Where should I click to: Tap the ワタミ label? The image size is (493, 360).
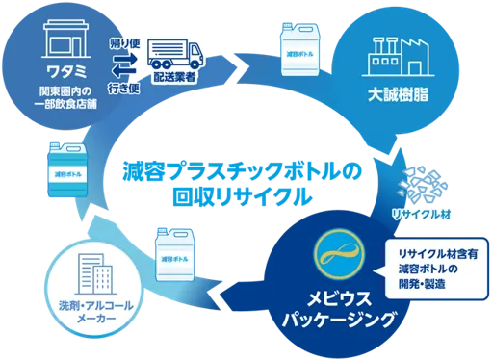pyautogui.click(x=66, y=71)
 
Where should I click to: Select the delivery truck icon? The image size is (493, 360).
pyautogui.click(x=175, y=54)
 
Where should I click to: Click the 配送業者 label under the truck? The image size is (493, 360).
pyautogui.click(x=174, y=77)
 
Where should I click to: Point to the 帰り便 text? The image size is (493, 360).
pyautogui.click(x=124, y=43)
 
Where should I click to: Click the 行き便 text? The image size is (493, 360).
pyautogui.click(x=124, y=88)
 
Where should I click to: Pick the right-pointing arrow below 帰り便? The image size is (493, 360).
pyautogui.click(x=124, y=59)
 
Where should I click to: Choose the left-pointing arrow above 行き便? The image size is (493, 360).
pyautogui.click(x=123, y=71)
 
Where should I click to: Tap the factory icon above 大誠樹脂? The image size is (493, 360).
pyautogui.click(x=398, y=57)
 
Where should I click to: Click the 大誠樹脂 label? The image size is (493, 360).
pyautogui.click(x=398, y=94)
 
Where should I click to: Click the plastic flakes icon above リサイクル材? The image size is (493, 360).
pyautogui.click(x=422, y=185)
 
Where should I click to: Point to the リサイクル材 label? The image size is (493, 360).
pyautogui.click(x=422, y=215)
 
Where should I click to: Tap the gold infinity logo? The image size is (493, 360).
pyautogui.click(x=340, y=251)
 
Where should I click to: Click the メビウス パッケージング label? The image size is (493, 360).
pyautogui.click(x=338, y=309)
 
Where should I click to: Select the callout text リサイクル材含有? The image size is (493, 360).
pyautogui.click(x=438, y=254)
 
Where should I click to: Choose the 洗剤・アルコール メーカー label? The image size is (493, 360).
pyautogui.click(x=96, y=311)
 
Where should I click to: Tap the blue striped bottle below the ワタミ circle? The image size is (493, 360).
pyautogui.click(x=67, y=170)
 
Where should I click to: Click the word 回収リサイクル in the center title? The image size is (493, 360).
pyautogui.click(x=243, y=196)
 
